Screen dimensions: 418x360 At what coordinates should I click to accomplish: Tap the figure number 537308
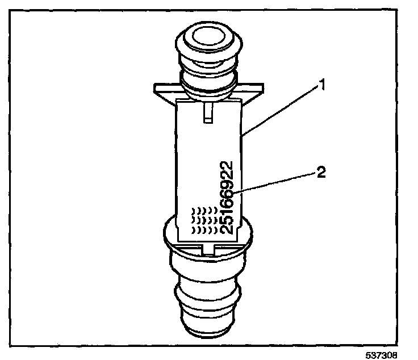coord(395,353)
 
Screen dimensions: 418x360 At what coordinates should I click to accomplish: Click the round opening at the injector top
coord(209,40)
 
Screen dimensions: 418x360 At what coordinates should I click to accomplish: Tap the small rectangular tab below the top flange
coord(207,111)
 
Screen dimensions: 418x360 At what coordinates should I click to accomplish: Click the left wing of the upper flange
coord(165,89)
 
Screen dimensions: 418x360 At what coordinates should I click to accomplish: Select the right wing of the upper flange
coord(253,89)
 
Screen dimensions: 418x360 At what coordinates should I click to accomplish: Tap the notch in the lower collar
coord(208,248)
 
